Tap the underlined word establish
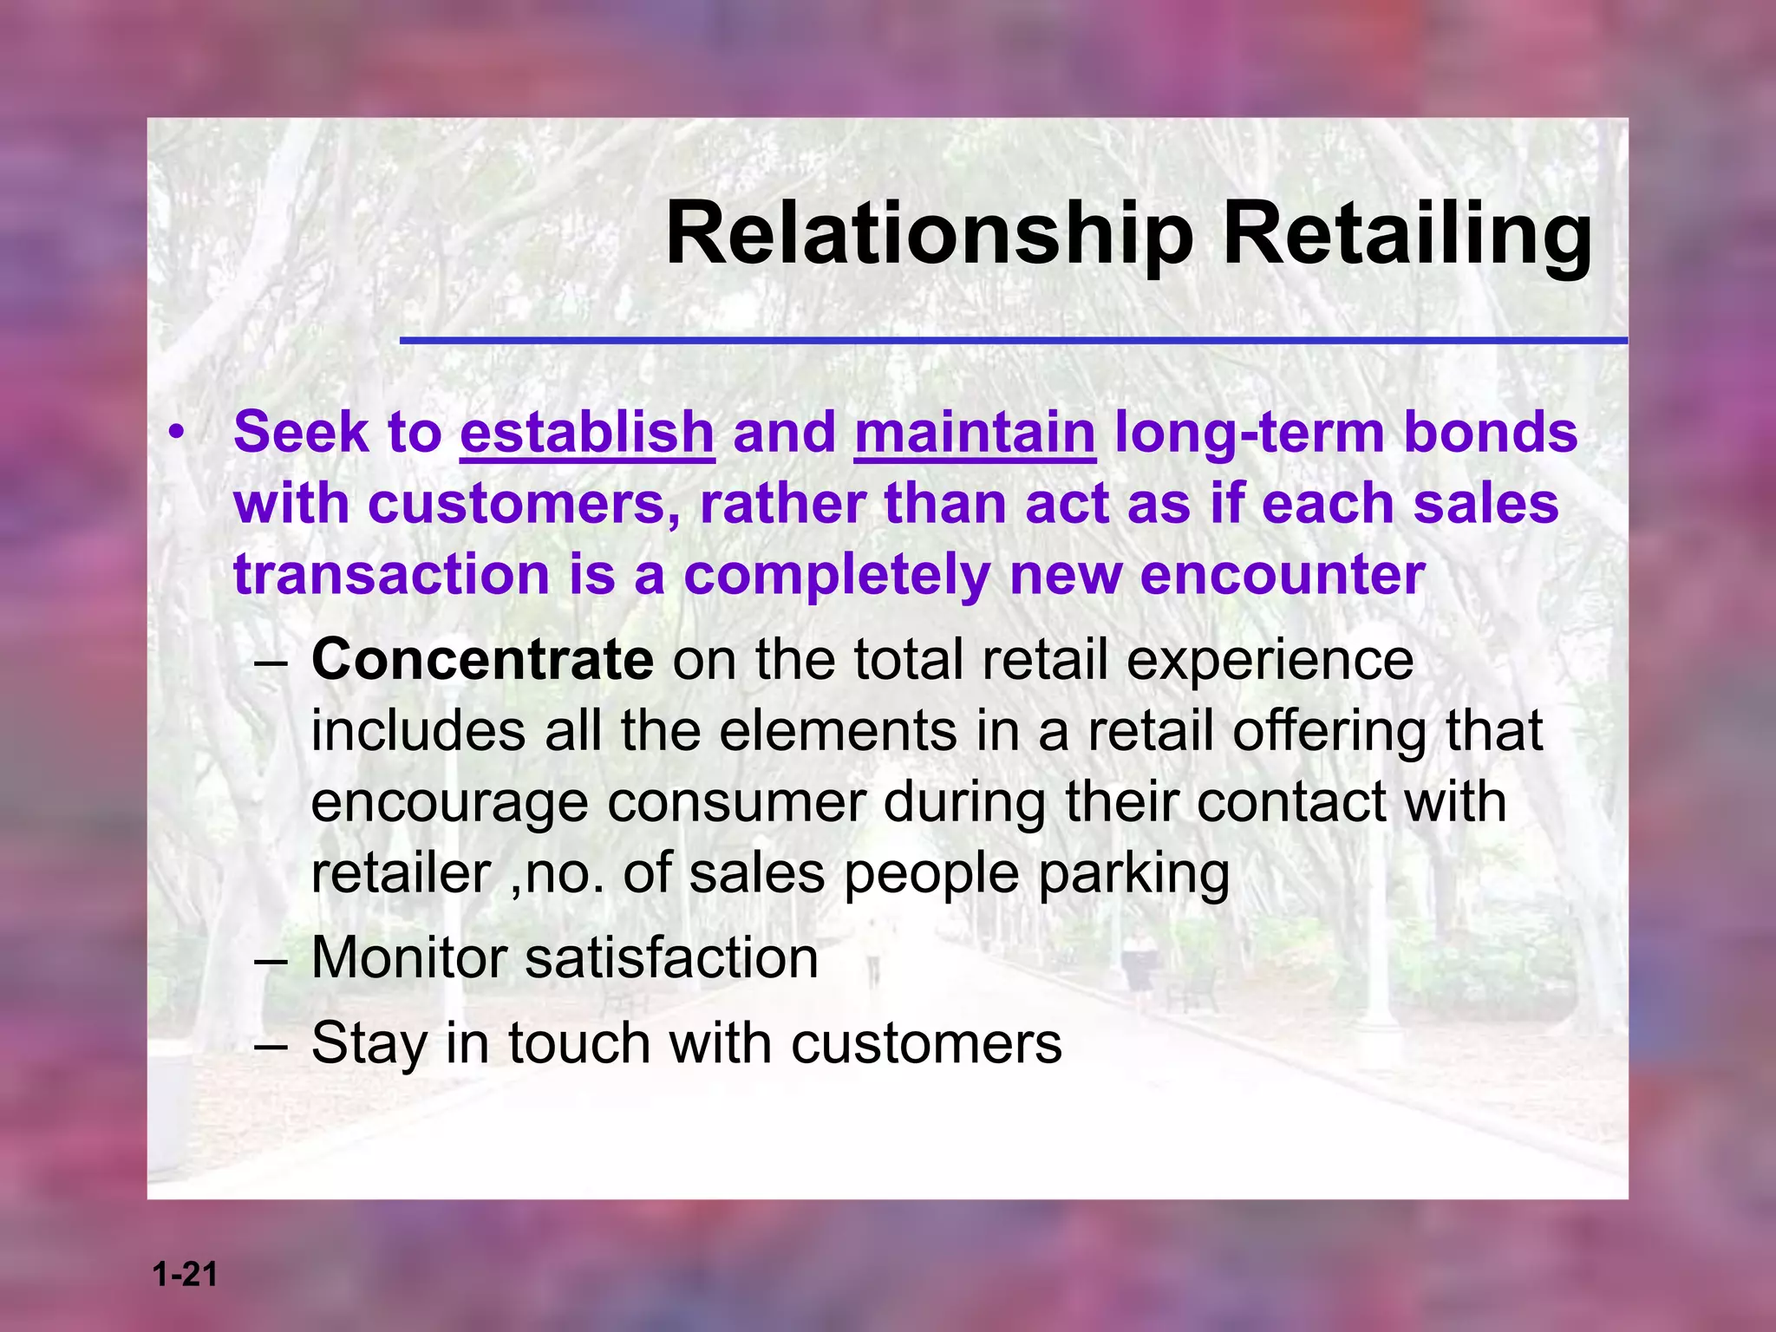(x=587, y=432)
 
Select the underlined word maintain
(x=975, y=432)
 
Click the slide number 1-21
(x=185, y=1275)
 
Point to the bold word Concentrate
(x=482, y=660)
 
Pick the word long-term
(x=1249, y=432)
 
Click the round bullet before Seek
(x=177, y=431)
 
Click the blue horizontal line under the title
(x=1013, y=341)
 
